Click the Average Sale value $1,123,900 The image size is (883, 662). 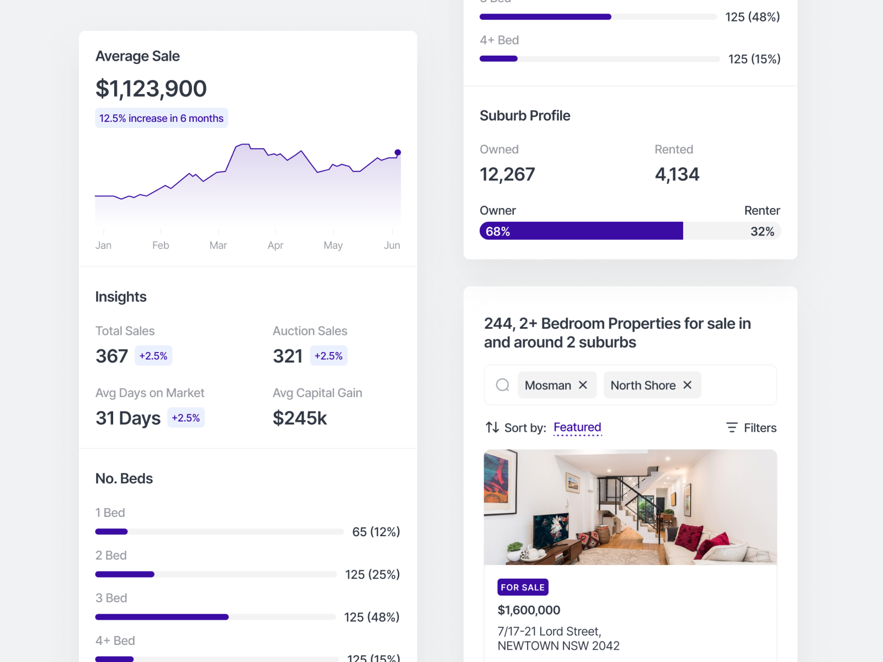(151, 89)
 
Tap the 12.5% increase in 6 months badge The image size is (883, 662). (161, 118)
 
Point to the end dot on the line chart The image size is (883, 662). (397, 152)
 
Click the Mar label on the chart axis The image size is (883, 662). (218, 245)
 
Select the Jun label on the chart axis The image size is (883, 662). (392, 245)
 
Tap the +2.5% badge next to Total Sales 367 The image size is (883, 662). (153, 356)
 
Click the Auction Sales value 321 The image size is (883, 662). (288, 356)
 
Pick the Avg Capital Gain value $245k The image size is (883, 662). (300, 418)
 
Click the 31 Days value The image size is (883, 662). (128, 418)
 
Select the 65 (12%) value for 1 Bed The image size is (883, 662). (376, 532)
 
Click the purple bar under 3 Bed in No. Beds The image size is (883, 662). (162, 617)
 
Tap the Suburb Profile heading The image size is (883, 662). (525, 116)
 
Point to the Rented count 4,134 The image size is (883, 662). (677, 174)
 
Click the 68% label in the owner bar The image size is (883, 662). (498, 232)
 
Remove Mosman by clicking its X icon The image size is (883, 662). (583, 385)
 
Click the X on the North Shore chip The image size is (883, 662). (687, 385)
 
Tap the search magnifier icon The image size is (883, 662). (502, 385)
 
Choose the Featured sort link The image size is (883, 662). (577, 428)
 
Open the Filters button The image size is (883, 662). (751, 428)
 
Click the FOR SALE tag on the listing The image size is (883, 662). (523, 588)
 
